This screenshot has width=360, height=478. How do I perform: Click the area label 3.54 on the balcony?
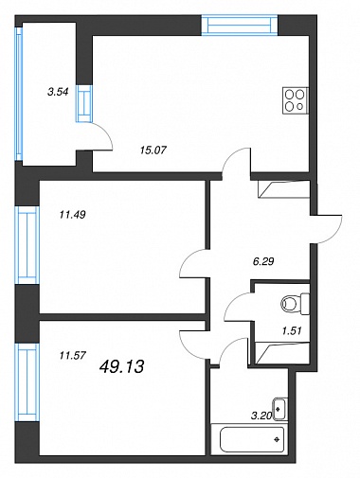click(x=58, y=92)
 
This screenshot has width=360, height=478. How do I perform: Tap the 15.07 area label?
click(x=153, y=150)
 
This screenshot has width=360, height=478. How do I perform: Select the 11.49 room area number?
click(x=73, y=215)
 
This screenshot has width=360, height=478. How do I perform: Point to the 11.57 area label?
click(x=73, y=356)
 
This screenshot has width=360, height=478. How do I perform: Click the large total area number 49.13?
click(x=121, y=366)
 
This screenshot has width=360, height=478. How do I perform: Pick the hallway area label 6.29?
click(x=263, y=261)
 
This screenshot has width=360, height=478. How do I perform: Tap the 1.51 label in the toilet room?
click(x=292, y=330)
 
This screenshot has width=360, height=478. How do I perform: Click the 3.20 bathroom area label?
click(x=261, y=416)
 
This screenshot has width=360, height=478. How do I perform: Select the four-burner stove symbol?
click(x=296, y=100)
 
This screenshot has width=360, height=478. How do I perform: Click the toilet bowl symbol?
click(x=295, y=304)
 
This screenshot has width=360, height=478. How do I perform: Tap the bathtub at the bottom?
click(x=252, y=439)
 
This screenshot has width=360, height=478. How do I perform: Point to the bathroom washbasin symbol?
click(x=279, y=410)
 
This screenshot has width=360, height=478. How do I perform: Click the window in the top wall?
click(x=240, y=25)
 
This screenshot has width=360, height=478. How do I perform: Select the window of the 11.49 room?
click(x=27, y=245)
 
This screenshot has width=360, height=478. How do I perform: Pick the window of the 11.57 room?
click(x=27, y=382)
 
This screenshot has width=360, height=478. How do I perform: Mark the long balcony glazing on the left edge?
click(x=19, y=94)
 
